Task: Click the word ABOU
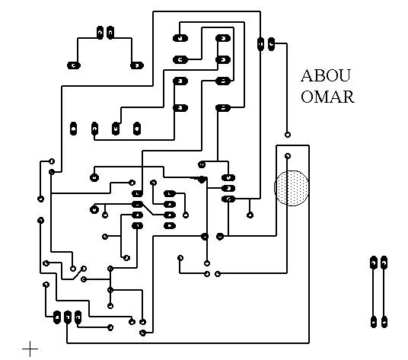click(326, 75)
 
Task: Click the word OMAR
click(327, 97)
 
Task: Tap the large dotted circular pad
click(292, 188)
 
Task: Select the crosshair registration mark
click(30, 349)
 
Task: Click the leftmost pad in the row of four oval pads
click(74, 129)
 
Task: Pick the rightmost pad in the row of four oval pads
click(137, 129)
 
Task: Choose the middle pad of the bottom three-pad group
click(68, 317)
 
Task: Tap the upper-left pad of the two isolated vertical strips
click(374, 263)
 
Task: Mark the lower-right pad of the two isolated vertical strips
click(384, 322)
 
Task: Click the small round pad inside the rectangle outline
click(287, 156)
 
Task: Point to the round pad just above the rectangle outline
click(287, 135)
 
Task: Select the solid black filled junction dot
click(202, 179)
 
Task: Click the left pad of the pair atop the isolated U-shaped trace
click(100, 33)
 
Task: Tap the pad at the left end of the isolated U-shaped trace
click(74, 65)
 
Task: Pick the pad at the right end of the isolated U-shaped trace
click(137, 65)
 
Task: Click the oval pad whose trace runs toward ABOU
click(271, 44)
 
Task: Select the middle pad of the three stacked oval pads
click(228, 188)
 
